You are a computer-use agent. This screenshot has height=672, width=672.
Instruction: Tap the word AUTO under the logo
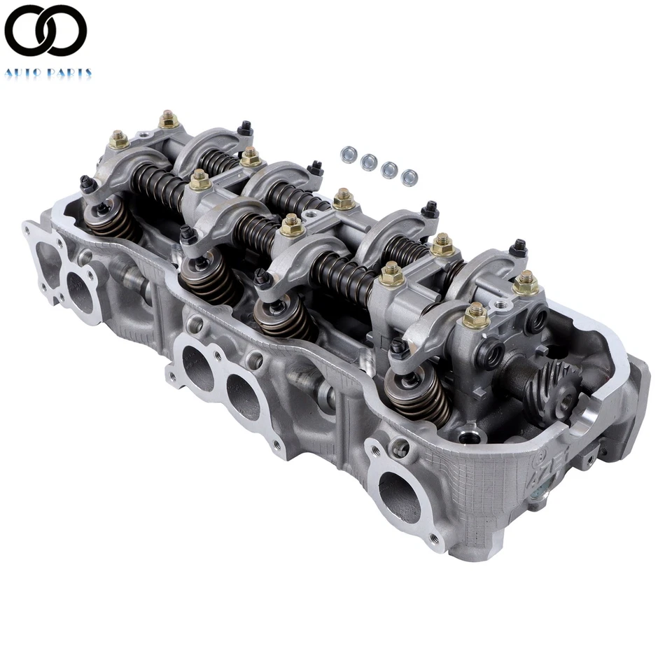(25, 72)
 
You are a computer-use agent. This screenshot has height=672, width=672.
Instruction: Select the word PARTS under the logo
(70, 72)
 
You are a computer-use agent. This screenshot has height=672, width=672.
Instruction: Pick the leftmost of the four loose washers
(346, 153)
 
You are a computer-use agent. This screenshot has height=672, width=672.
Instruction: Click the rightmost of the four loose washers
(410, 177)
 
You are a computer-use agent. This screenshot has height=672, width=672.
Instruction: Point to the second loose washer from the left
(368, 162)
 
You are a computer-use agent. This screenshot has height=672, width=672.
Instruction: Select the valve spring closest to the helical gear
(419, 395)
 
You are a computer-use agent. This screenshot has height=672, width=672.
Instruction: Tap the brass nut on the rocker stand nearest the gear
(476, 316)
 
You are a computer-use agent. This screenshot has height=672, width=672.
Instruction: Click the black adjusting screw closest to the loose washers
(316, 168)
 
